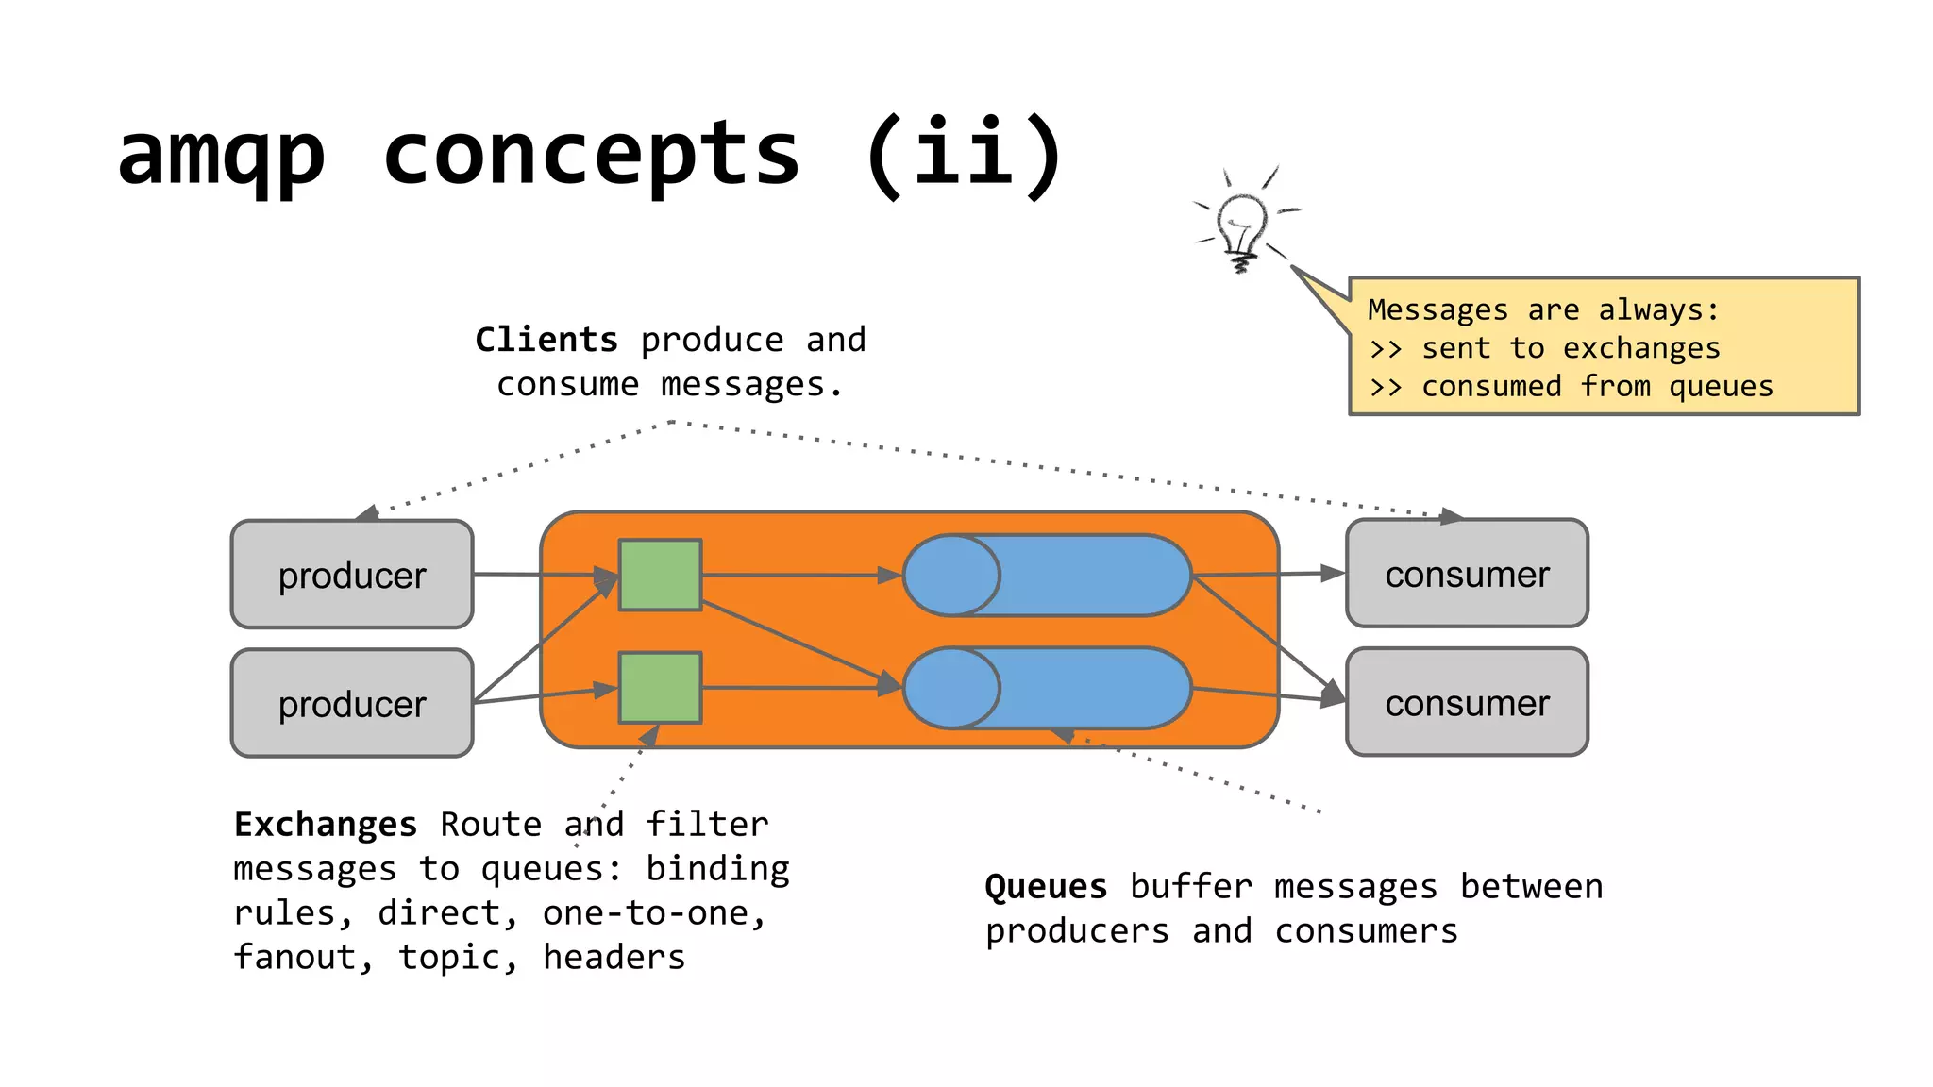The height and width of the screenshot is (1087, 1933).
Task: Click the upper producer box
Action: coord(352,575)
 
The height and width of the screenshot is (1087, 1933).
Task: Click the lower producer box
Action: coord(352,703)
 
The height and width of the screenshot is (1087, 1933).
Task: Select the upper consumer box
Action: coord(1467,574)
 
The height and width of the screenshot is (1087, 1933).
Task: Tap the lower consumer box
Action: coord(1467,702)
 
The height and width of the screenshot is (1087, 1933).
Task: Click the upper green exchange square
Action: coord(660,575)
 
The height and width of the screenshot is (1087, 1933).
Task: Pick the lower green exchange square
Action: coord(660,688)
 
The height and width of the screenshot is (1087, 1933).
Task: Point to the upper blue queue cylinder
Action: coord(1048,576)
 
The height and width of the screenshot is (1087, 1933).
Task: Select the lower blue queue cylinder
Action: coord(1048,688)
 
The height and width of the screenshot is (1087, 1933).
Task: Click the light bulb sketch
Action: coord(1241,226)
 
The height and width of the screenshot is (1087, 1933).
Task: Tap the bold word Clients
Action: coord(546,340)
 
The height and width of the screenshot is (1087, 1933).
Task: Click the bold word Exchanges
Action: coord(326,825)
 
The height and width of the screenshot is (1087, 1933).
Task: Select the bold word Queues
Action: coord(1046,887)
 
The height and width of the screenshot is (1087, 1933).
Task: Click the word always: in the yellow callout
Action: coord(1658,309)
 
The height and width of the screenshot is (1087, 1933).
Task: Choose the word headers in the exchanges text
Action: coord(614,957)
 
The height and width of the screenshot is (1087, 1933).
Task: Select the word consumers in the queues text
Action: coord(1366,931)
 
